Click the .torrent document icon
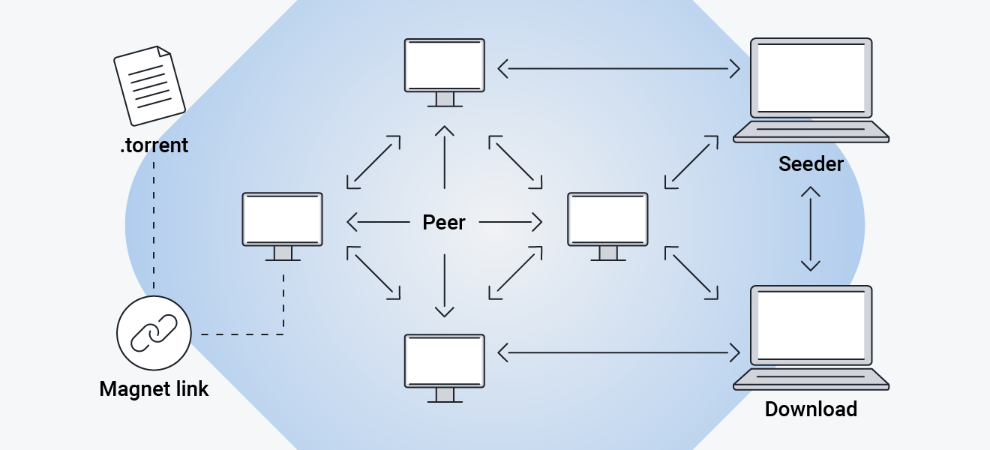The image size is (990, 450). [149, 85]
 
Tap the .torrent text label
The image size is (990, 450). [154, 145]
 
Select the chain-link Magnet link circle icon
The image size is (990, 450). [154, 333]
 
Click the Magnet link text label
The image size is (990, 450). [154, 389]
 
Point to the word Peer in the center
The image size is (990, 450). [444, 222]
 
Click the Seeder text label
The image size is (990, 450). [811, 163]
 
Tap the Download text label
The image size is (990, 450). [811, 409]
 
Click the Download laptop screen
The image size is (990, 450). [811, 325]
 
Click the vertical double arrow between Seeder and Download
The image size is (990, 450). [810, 229]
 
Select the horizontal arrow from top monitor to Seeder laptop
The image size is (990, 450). [619, 69]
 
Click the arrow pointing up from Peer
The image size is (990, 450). [445, 157]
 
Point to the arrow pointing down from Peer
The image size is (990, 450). [445, 285]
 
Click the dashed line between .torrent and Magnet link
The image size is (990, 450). [154, 225]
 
